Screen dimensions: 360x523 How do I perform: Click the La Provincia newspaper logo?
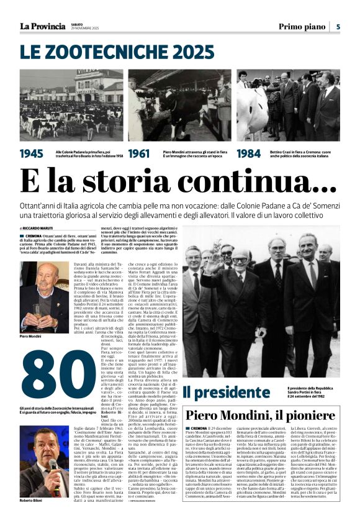coord(42,26)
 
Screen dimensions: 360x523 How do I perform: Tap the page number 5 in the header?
coord(338,26)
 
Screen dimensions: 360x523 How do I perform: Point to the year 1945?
coord(32,153)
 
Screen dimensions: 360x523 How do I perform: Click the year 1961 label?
coord(140,153)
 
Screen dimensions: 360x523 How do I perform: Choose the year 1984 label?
coord(249,153)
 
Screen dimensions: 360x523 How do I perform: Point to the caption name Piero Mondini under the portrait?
coord(30,335)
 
